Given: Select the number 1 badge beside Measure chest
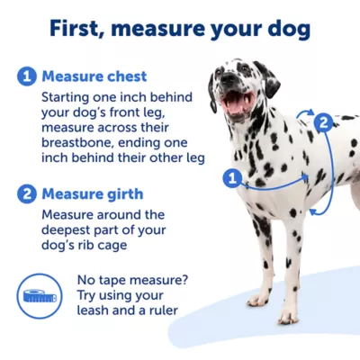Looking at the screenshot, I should pos(26,76).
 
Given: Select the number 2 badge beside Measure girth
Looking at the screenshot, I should pos(26,193).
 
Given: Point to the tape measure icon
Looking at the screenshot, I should pos(39,293).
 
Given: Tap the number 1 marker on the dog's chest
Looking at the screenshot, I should pos(231,178).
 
